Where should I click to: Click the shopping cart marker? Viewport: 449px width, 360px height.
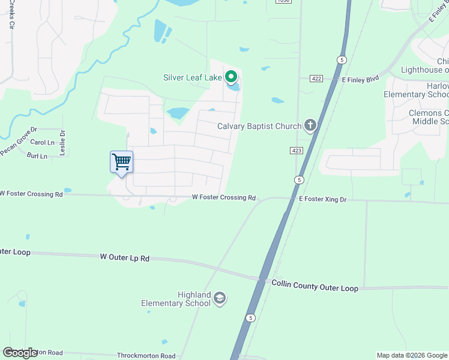click(x=121, y=162)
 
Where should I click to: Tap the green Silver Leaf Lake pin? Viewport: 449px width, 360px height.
click(x=231, y=77)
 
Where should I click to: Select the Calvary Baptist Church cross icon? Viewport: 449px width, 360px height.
click(x=310, y=125)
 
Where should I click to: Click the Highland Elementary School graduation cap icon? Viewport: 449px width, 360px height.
click(x=220, y=298)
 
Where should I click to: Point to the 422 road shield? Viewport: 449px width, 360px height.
click(x=317, y=79)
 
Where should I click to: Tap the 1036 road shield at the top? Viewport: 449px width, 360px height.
click(x=283, y=2)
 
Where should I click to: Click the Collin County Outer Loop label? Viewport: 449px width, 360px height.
click(x=315, y=286)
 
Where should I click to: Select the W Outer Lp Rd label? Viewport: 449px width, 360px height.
click(x=124, y=257)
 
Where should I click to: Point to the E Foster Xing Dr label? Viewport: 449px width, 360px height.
click(x=323, y=199)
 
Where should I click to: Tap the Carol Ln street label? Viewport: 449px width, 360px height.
click(x=42, y=143)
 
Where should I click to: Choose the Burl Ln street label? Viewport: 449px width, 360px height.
click(x=37, y=156)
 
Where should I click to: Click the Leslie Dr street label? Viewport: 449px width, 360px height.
click(x=62, y=143)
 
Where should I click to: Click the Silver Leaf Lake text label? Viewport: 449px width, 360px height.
click(x=191, y=77)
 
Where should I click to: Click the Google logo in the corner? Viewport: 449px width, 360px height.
click(x=20, y=353)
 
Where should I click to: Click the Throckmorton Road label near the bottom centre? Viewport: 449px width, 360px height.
click(x=146, y=356)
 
